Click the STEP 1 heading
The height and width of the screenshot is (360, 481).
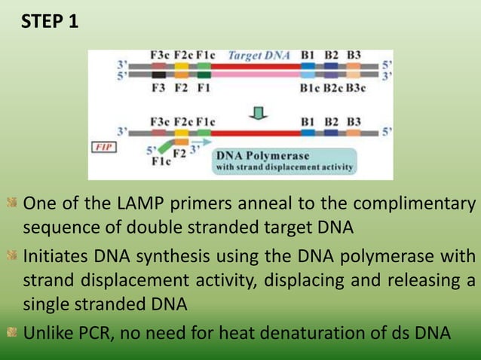pyautogui.click(x=50, y=21)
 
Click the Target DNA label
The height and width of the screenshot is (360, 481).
pyautogui.click(x=259, y=55)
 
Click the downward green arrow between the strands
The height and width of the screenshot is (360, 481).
pyautogui.click(x=259, y=113)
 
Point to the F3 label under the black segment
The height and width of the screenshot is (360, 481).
pyautogui.click(x=158, y=87)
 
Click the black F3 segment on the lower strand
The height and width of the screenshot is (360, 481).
pyautogui.click(x=158, y=75)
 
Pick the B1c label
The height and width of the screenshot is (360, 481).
pyautogui.click(x=310, y=87)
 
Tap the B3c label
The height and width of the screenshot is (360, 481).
pyautogui.click(x=355, y=87)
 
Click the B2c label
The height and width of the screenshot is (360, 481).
pyautogui.click(x=332, y=87)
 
